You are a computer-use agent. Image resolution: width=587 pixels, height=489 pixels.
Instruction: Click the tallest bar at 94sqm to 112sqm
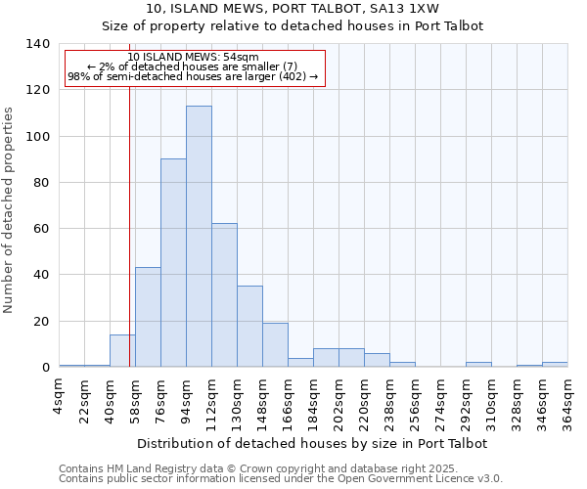pyautogui.click(x=199, y=237)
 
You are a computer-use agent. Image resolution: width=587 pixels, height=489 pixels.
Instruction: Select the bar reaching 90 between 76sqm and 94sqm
pyautogui.click(x=173, y=263)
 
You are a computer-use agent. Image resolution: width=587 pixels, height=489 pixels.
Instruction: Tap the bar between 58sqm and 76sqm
pyautogui.click(x=148, y=317)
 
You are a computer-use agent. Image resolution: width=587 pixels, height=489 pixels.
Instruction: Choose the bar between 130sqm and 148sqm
pyautogui.click(x=249, y=327)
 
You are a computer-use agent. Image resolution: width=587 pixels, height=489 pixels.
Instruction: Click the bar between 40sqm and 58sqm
pyautogui.click(x=122, y=351)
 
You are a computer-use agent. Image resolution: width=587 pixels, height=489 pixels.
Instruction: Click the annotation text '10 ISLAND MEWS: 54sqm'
pyautogui.click(x=193, y=58)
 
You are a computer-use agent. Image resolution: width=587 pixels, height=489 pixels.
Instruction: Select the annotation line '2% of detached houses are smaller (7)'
pyautogui.click(x=193, y=67)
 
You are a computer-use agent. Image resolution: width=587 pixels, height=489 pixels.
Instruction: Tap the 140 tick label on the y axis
pyautogui.click(x=38, y=44)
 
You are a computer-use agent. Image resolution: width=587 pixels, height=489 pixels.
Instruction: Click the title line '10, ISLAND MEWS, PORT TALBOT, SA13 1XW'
pyautogui.click(x=293, y=9)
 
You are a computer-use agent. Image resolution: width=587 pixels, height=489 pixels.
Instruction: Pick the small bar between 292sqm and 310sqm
pyautogui.click(x=478, y=365)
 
